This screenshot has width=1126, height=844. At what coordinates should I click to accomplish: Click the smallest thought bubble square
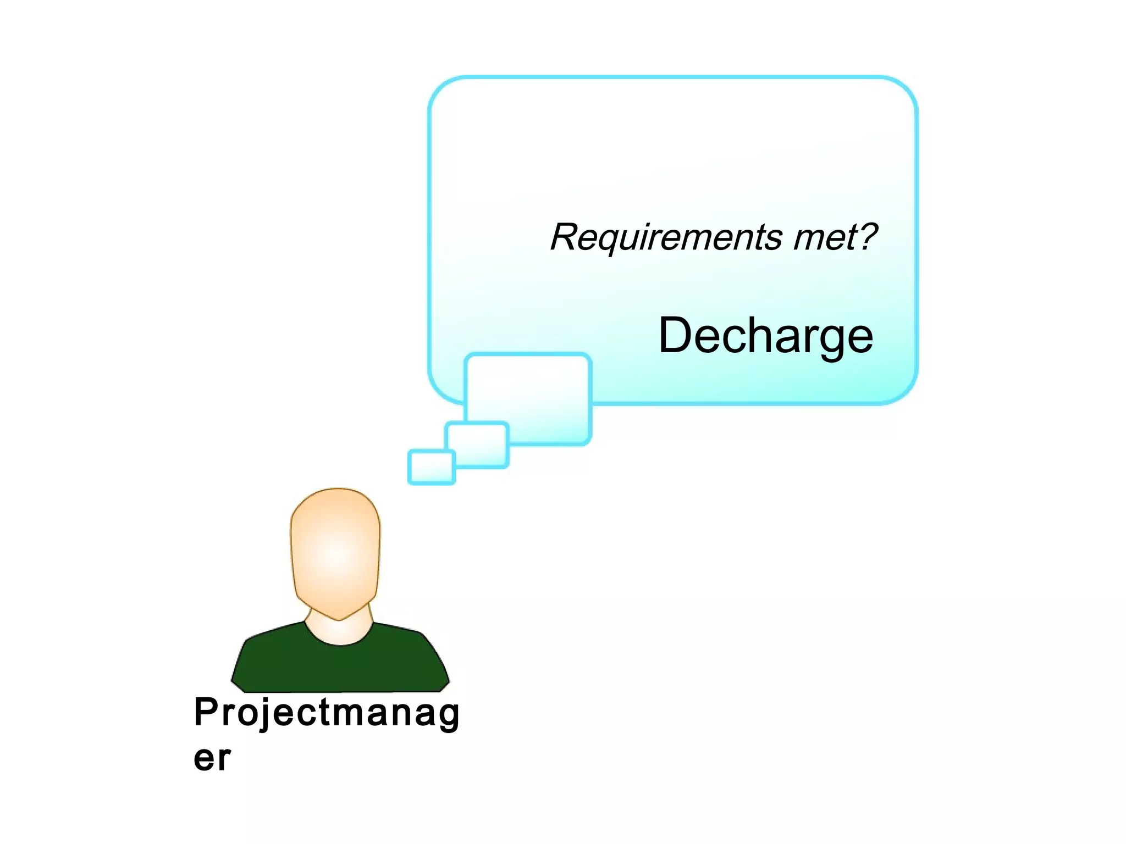[432, 467]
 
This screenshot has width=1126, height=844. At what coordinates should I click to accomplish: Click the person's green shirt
[340, 665]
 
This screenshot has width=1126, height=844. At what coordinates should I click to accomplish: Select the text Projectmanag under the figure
[327, 713]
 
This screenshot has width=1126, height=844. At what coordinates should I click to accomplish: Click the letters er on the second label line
[212, 759]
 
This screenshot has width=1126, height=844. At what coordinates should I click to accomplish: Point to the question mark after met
[868, 236]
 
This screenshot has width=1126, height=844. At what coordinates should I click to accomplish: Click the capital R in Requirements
[564, 237]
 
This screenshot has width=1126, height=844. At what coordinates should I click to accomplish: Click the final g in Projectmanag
[449, 717]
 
